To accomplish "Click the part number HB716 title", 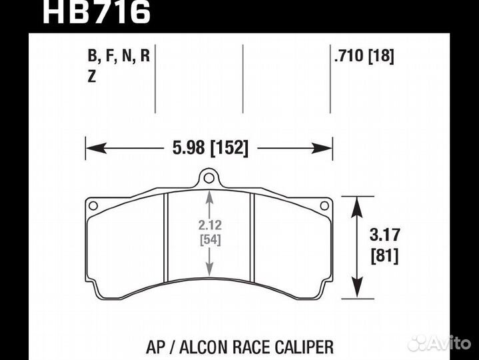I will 96,12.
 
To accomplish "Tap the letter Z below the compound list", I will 91,77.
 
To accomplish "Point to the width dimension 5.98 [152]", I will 209,149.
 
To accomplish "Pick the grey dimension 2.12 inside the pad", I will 210,225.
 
